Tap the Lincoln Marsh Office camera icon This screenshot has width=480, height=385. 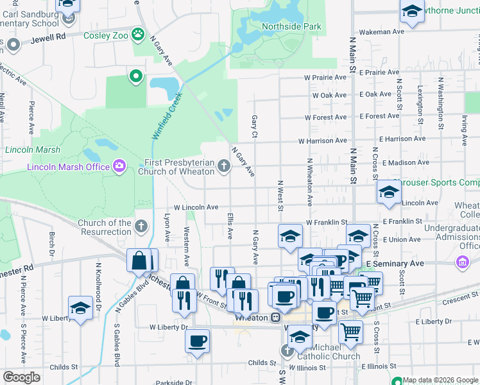click(119, 167)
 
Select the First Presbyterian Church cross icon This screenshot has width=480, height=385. click(224, 167)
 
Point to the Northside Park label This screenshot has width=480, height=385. click(291, 27)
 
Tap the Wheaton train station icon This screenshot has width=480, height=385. click(275, 317)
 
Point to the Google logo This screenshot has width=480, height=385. click(21, 377)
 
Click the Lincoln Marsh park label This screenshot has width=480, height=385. click(33, 150)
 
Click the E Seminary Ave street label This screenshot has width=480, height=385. click(395, 263)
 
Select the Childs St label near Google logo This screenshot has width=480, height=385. click(64, 368)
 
